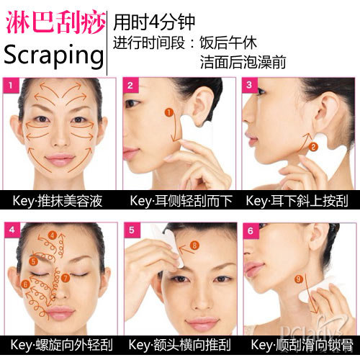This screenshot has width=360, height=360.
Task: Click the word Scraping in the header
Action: [x=54, y=55]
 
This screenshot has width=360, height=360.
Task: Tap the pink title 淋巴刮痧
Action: [x=55, y=22]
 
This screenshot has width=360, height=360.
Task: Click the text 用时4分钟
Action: [x=154, y=22]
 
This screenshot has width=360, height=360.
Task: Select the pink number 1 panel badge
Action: [x=11, y=85]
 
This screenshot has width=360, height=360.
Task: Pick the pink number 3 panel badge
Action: [x=250, y=85]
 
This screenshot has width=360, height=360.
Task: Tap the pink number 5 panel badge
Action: [x=132, y=230]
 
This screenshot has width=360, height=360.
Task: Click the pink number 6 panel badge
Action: [x=251, y=231]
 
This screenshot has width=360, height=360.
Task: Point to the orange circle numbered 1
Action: [x=169, y=112]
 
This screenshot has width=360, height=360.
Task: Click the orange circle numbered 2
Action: [x=313, y=147]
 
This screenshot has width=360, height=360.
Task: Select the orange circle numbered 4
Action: [x=53, y=235]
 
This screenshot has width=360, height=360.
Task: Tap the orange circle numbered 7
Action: [x=65, y=278]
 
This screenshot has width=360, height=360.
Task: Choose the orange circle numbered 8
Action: [x=194, y=246]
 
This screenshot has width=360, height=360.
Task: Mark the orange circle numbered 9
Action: [x=299, y=279]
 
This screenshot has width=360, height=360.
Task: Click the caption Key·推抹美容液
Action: [x=58, y=201]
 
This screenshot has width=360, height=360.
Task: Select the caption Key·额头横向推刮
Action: [x=179, y=345]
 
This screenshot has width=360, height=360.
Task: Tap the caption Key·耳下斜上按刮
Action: [x=297, y=201]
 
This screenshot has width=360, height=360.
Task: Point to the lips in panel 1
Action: [x=60, y=159]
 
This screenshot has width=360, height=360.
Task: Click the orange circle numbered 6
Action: [x=25, y=284]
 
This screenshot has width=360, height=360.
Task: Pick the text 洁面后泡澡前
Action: [x=243, y=62]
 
